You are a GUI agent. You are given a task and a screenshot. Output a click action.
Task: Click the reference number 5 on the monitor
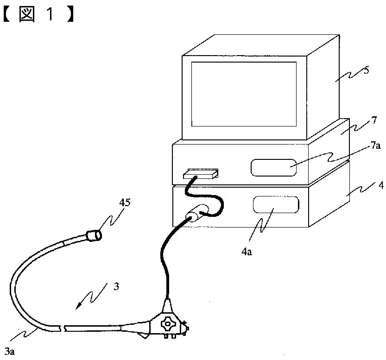(367, 72)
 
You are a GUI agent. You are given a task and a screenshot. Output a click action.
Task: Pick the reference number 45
(125, 202)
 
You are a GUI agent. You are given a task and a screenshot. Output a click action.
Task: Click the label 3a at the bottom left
(9, 351)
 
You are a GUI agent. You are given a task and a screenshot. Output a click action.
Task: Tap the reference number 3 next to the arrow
(116, 287)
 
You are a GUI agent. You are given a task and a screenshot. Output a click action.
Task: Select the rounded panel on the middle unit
(273, 167)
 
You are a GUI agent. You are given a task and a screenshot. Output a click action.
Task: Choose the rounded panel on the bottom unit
(275, 204)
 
